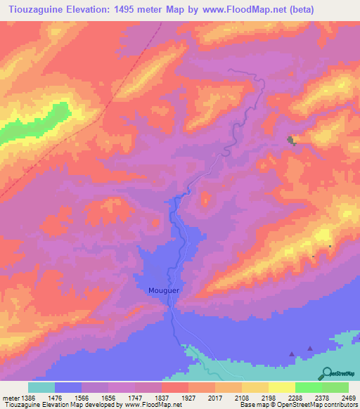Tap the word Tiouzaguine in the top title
[34, 9]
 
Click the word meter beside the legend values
[8, 397]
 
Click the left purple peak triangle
[292, 353]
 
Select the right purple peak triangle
[309, 347]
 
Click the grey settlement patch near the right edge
[290, 141]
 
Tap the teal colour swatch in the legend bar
[41, 387]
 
